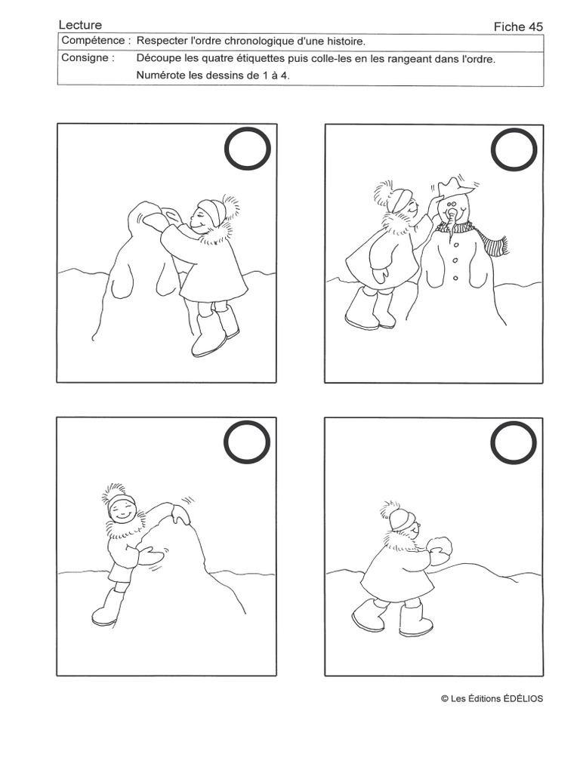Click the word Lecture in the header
[x=80, y=25]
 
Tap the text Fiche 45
[x=518, y=26]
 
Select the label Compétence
[x=93, y=41]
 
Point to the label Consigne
[x=84, y=57]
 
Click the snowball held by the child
[x=439, y=547]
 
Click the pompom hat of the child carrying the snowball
[x=399, y=515]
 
